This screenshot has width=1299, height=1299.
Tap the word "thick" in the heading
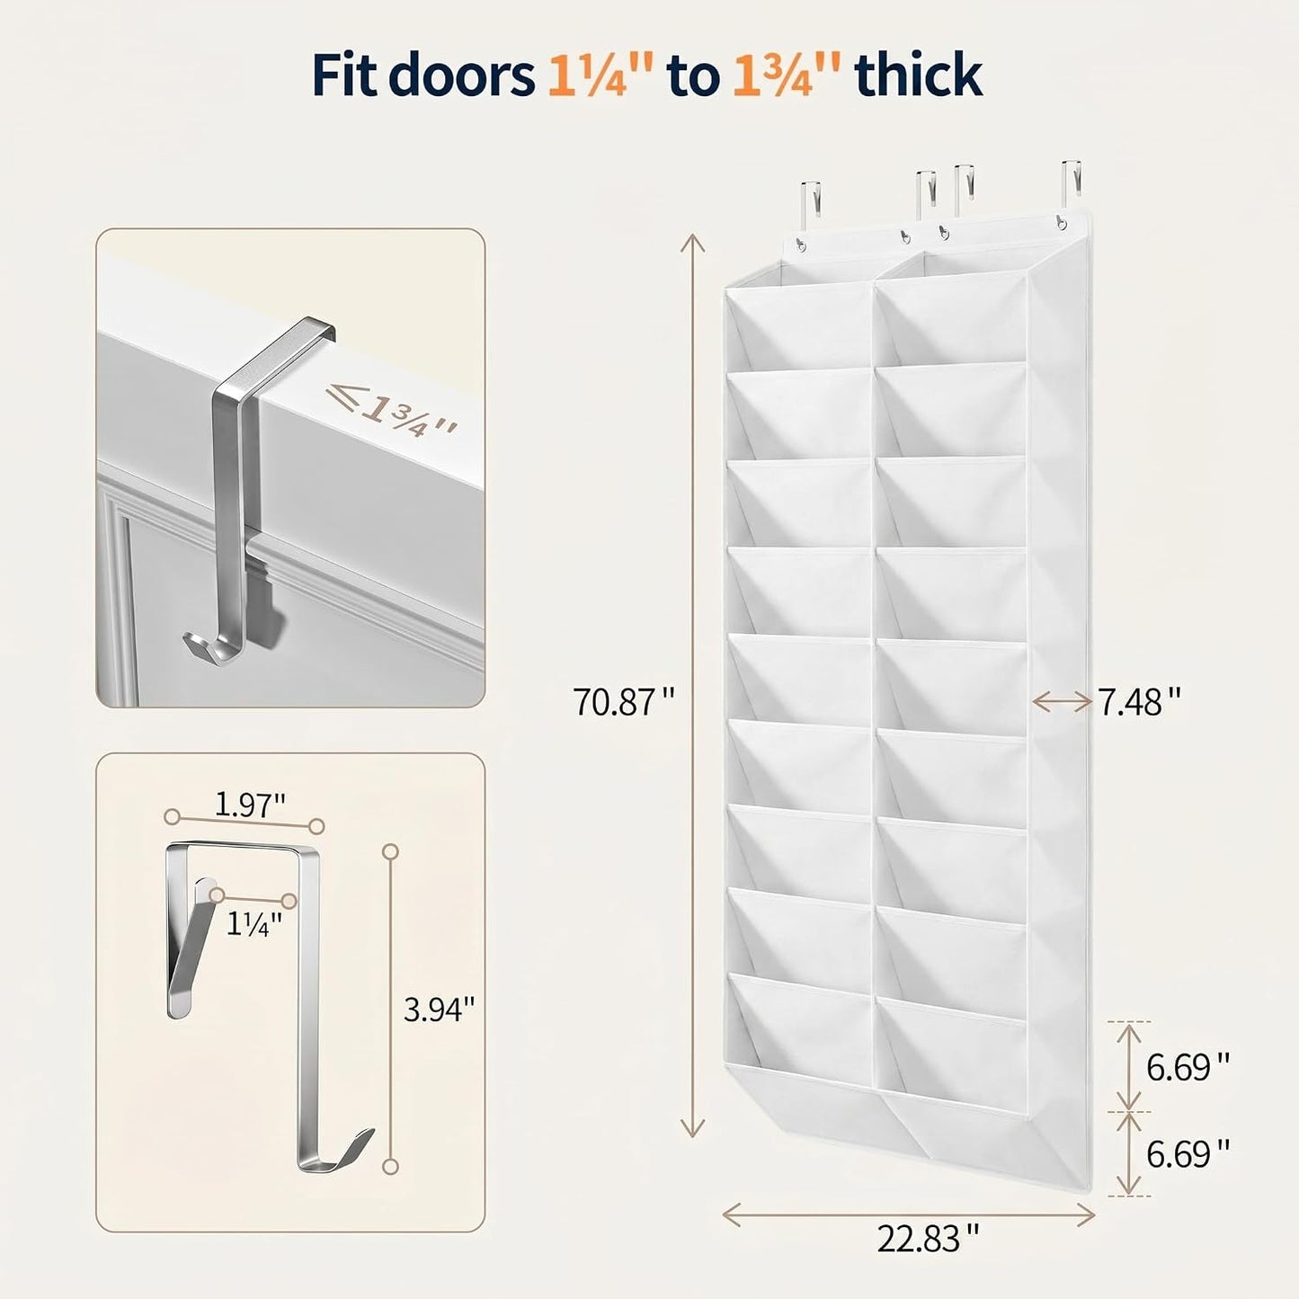point(919,76)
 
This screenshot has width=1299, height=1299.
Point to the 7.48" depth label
point(1140,702)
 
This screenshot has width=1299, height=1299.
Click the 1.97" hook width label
point(250,805)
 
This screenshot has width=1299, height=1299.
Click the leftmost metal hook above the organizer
point(811,206)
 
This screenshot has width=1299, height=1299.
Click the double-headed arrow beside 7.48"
point(1063,702)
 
